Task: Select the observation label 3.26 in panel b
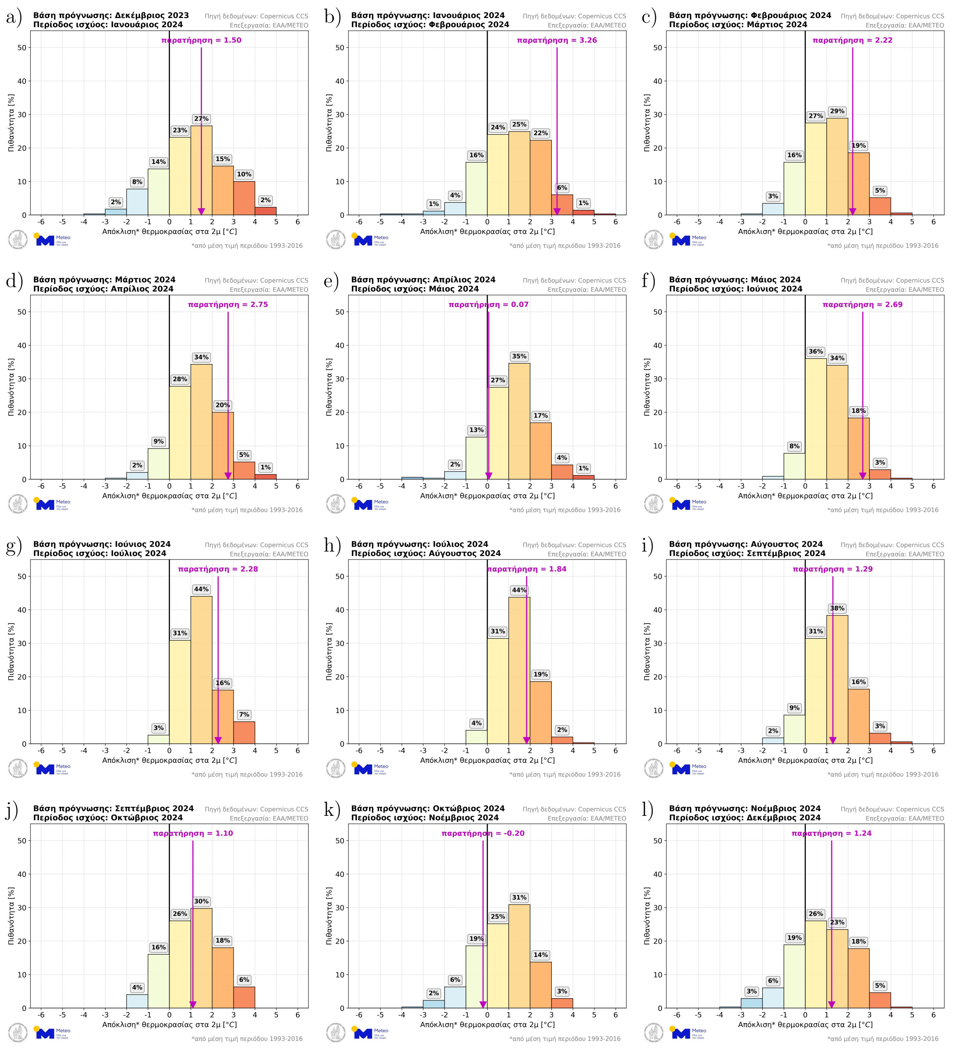click(557, 40)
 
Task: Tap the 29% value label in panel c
click(837, 111)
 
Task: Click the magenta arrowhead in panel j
click(193, 1004)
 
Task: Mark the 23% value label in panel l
click(837, 923)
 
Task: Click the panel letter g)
click(14, 546)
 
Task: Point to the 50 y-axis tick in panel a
click(21, 48)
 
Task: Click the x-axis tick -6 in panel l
click(677, 1015)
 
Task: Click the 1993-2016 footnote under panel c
click(883, 246)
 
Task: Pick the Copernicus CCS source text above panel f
click(892, 281)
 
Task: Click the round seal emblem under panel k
click(335, 1033)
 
